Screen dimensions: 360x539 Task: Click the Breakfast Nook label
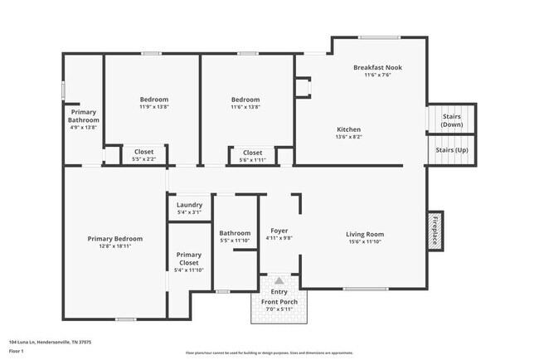coord(377,67)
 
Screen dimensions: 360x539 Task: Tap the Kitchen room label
coord(348,129)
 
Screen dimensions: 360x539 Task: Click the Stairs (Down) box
coord(451,120)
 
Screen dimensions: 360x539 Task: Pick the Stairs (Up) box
coord(451,150)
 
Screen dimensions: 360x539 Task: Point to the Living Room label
coord(365,234)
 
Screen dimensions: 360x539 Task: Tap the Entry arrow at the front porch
coord(279,281)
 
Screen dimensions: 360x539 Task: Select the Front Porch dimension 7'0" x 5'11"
coord(279,309)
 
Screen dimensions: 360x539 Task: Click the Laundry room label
coord(189,204)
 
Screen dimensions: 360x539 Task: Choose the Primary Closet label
coord(189,259)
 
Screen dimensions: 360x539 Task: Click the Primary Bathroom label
coord(83,116)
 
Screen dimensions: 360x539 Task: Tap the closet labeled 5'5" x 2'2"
coord(143,159)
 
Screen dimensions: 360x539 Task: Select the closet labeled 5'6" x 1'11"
coord(252,159)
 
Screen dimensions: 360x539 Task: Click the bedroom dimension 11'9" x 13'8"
coord(153,107)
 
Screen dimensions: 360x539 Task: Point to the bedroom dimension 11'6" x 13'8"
coord(245,107)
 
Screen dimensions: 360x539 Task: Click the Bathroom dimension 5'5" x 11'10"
coord(236,241)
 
